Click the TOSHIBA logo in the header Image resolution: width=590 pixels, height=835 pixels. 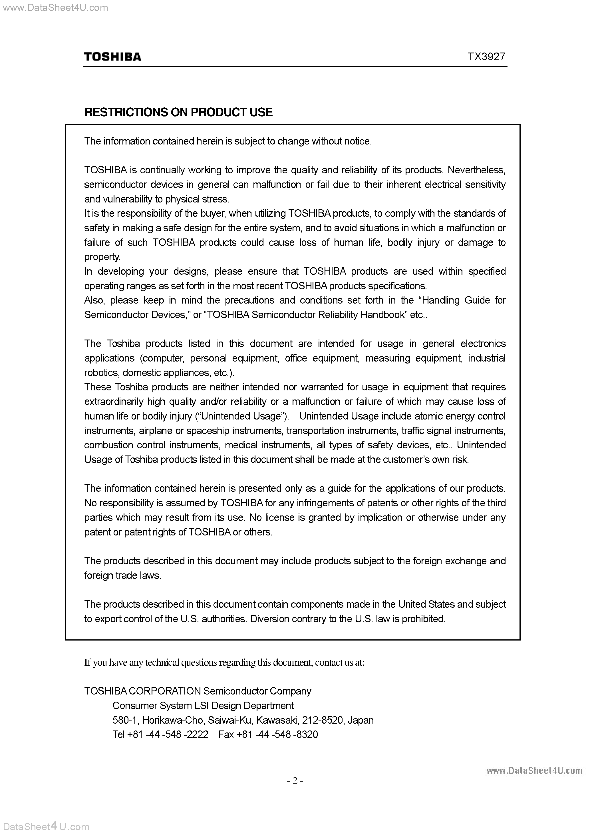[x=113, y=57]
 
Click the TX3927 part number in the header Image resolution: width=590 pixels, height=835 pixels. [x=486, y=57]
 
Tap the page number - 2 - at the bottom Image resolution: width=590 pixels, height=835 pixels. [x=295, y=780]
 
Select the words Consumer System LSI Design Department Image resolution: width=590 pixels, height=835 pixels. [x=203, y=706]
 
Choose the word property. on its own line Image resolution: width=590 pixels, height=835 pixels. [x=102, y=257]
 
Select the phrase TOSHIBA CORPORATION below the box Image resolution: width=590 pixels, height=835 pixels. [x=142, y=691]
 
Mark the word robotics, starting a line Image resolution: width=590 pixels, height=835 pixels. [x=102, y=373]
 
